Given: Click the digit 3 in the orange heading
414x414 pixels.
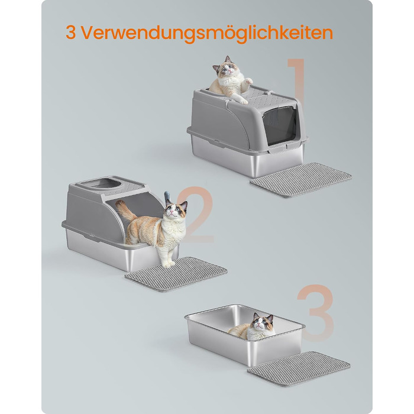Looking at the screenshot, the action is tap(71, 33).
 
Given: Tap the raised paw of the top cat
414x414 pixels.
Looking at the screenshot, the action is tap(249, 80).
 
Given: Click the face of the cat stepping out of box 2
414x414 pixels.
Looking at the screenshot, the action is tap(176, 210).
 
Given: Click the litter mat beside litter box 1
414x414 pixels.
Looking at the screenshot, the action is tap(300, 180).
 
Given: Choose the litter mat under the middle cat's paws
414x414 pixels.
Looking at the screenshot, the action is tap(176, 274).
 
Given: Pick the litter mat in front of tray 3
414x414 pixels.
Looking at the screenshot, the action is tap(299, 368).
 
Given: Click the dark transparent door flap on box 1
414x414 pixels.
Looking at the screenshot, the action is tap(280, 125).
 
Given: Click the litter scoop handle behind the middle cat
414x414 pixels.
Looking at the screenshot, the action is tap(167, 197).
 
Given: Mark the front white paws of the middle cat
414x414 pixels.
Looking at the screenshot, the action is tap(168, 263).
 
